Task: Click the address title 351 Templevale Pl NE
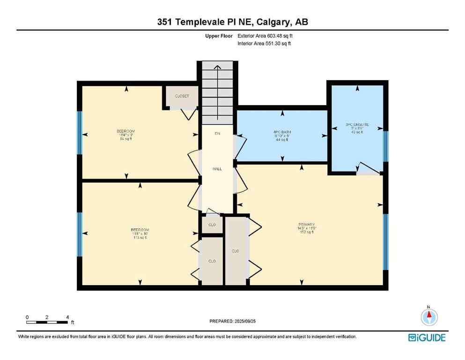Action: tap(232, 22)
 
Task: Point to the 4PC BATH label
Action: tap(282, 132)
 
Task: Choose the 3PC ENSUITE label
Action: tap(357, 125)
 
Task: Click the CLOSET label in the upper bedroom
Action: tap(182, 96)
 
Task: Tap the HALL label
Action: tap(217, 169)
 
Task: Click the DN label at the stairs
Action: tap(217, 134)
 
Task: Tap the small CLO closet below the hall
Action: tap(212, 225)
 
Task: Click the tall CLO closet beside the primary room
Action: tap(236, 251)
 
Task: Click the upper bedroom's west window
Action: tap(80, 133)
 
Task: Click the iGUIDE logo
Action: tap(427, 337)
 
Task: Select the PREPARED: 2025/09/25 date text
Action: tap(232, 321)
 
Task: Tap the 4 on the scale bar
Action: tap(67, 317)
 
